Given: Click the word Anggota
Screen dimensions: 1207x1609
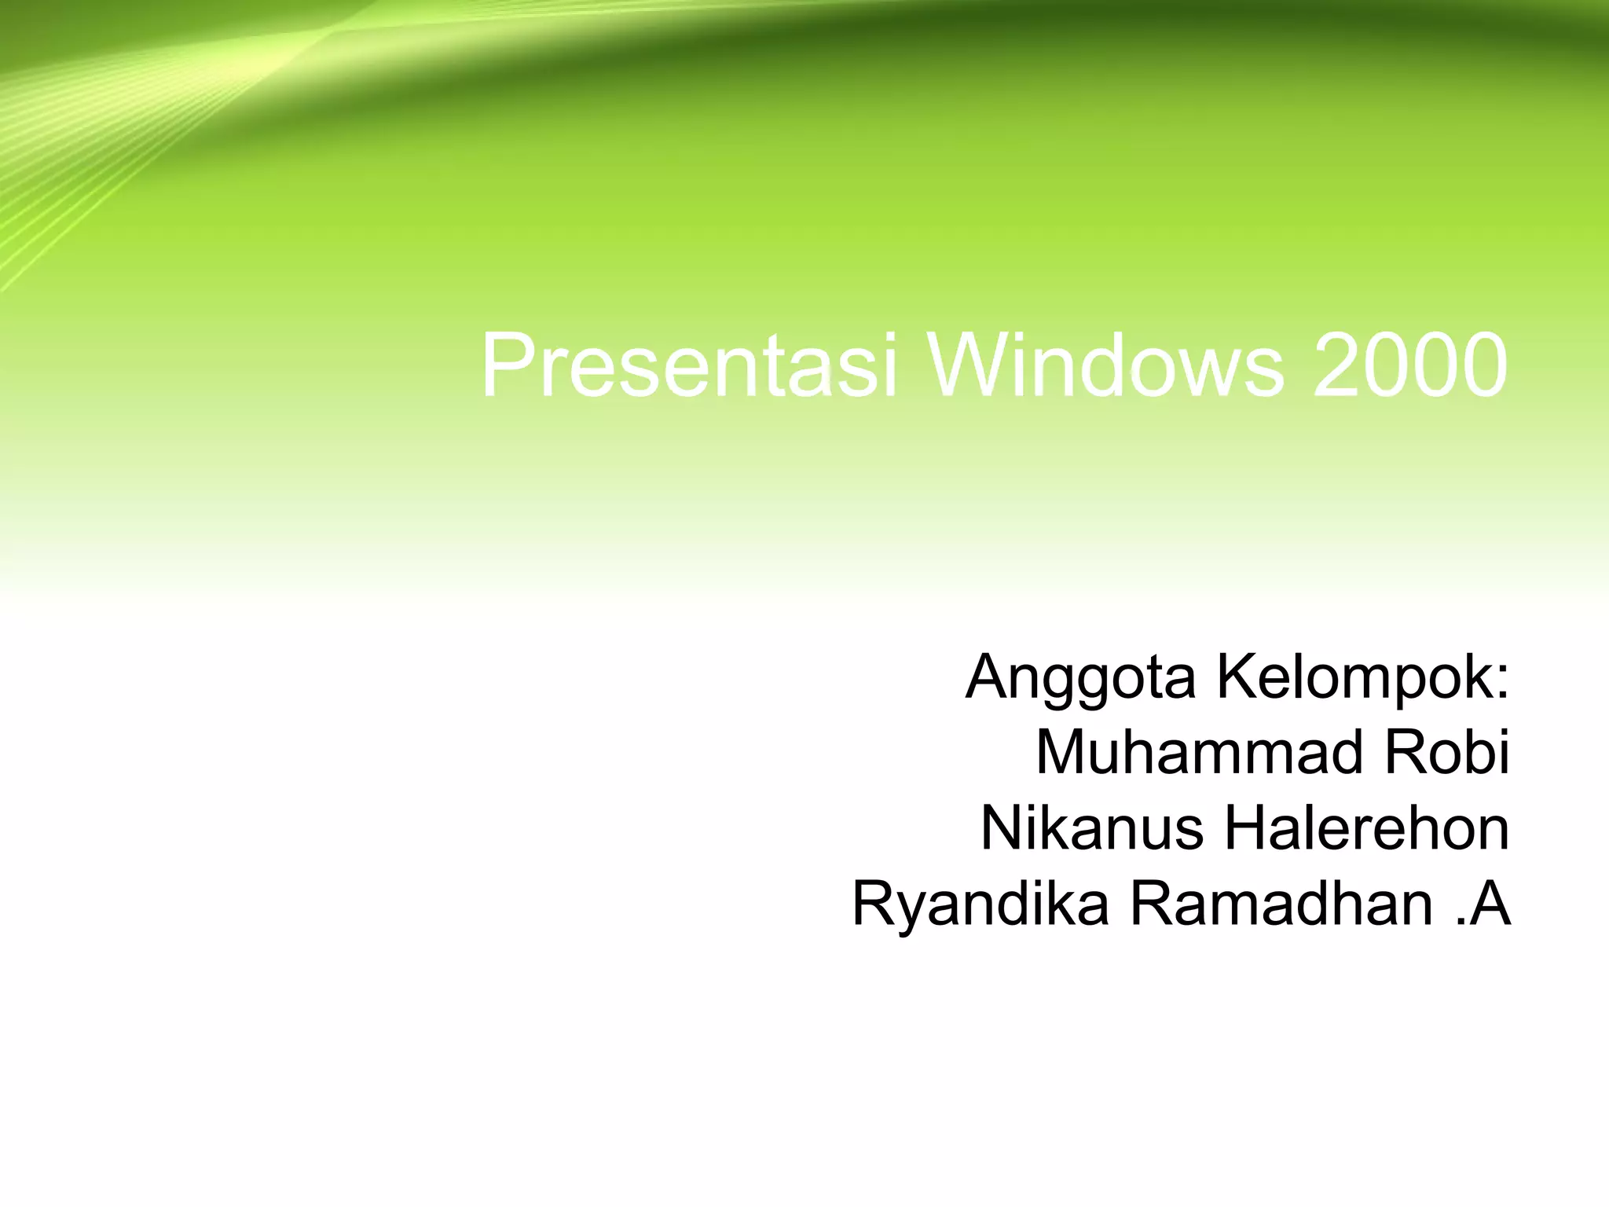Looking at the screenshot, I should click(1080, 677).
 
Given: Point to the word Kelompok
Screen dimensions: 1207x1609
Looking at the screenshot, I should click(1351, 677).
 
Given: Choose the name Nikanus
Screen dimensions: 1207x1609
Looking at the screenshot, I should click(1091, 828).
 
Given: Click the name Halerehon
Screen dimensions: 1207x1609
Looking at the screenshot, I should click(1366, 828).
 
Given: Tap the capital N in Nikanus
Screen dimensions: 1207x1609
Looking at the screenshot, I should click(1002, 828).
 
